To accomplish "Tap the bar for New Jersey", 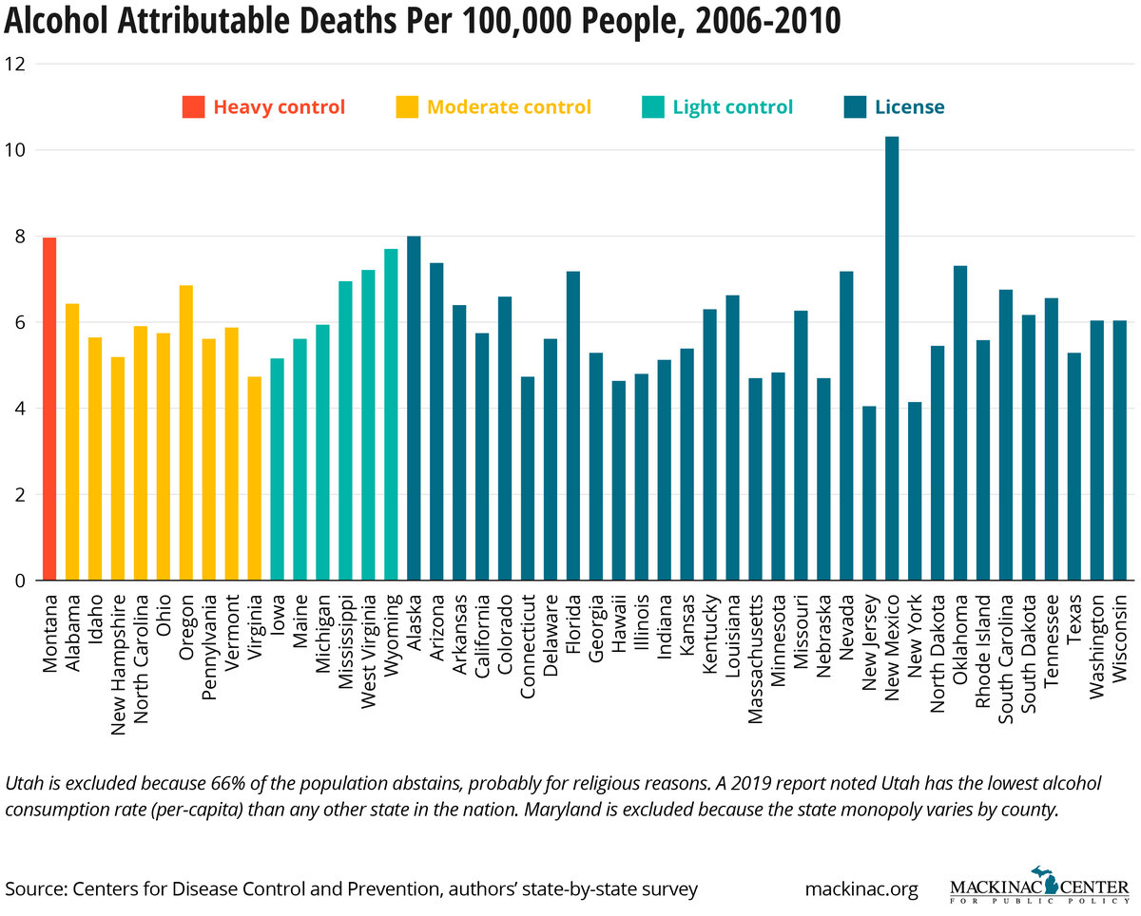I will point(869,493).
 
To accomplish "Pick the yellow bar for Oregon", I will point(186,432).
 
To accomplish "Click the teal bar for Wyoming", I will point(391,414).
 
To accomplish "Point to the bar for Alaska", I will point(414,408).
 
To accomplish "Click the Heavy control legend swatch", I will point(194,107).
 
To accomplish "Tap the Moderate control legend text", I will point(509,107).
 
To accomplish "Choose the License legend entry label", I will point(909,107).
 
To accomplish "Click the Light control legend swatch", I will point(653,107).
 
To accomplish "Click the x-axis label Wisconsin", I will point(1120,637).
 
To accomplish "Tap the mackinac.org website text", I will point(861,889).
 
